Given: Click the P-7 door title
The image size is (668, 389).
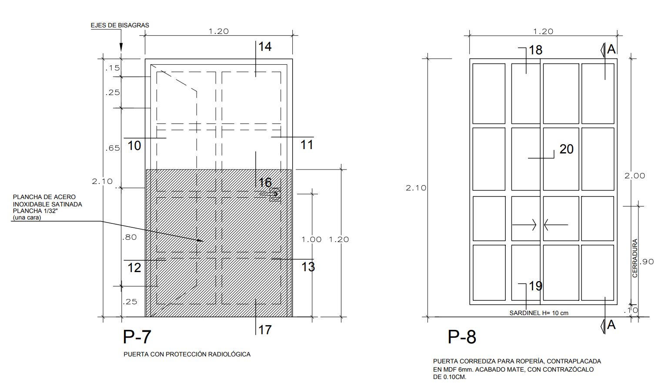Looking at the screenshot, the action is [137, 336].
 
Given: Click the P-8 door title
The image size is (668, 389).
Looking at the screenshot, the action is [461, 337].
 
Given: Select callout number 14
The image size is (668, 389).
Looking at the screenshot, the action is [265, 47].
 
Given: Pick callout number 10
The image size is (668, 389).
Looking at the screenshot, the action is [134, 146].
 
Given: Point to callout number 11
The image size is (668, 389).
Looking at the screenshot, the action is [307, 145].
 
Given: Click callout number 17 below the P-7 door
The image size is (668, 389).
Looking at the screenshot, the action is [265, 330].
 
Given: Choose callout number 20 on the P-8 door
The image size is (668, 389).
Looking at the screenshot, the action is [566, 149].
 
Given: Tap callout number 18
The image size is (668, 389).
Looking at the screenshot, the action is [536, 50].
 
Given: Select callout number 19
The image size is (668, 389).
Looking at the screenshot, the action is [536, 286].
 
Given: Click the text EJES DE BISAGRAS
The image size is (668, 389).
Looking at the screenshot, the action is [120, 25].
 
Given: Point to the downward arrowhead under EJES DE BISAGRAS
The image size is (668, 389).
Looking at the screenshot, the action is [121, 47].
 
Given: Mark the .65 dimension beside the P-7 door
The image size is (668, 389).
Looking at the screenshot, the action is [113, 148].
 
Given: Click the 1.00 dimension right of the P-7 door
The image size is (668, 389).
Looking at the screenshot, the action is [311, 239].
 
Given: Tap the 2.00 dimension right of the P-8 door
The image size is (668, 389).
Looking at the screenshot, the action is [635, 176].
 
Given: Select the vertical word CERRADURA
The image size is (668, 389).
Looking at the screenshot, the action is [635, 258].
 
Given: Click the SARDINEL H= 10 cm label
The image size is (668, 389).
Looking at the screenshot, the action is [539, 313].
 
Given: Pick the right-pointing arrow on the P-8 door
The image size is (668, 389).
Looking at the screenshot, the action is [524, 225].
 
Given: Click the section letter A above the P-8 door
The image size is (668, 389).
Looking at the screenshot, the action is [611, 49].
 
